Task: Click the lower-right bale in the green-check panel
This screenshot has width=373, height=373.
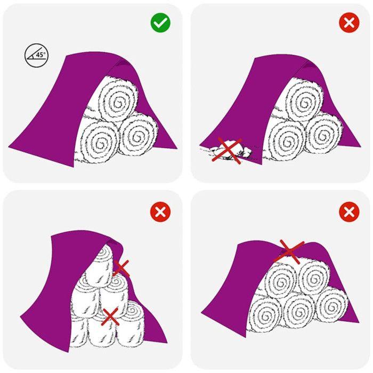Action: pos(138,135)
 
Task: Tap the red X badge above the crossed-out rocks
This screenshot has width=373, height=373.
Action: pos(349,23)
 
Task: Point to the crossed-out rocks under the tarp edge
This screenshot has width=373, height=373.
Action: pos(228,150)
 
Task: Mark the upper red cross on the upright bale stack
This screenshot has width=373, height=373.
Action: pos(121,267)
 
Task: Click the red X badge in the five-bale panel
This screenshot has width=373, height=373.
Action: pos(349,213)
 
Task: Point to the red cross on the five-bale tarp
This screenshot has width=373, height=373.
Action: pos(288,251)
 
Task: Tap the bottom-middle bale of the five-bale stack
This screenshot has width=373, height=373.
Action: pos(299,308)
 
